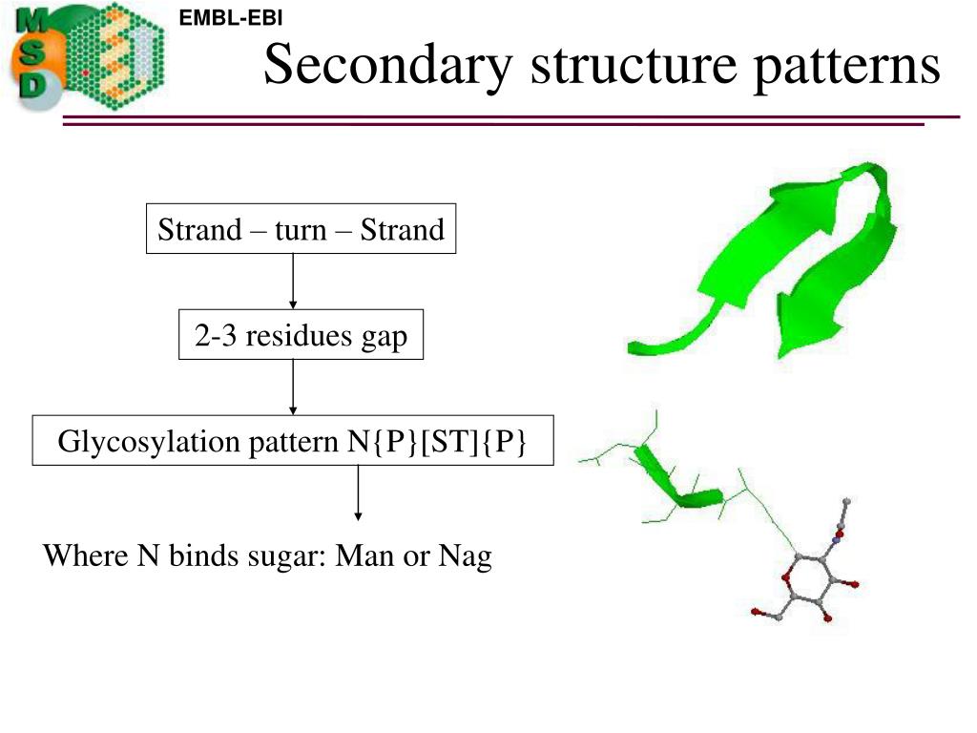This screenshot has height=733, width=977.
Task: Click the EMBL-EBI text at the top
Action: tap(231, 17)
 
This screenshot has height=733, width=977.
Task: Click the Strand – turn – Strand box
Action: tap(301, 229)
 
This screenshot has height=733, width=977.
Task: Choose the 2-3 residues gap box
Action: tap(301, 336)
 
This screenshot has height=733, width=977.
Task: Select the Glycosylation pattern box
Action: tap(293, 441)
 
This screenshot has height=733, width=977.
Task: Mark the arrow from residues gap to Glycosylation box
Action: tap(293, 387)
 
